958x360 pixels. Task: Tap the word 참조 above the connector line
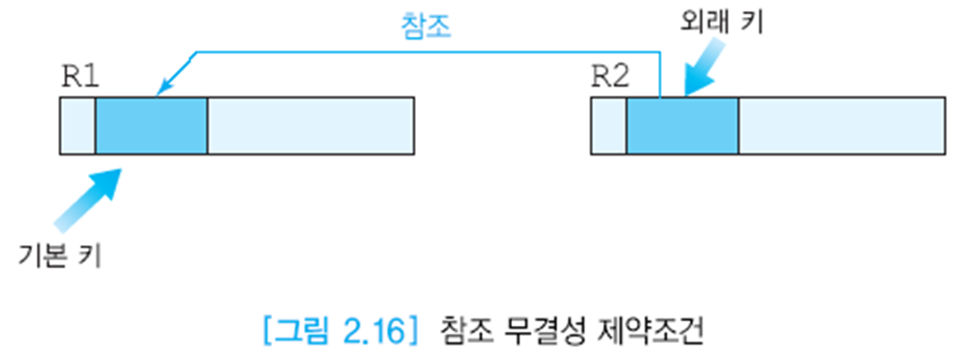(425, 27)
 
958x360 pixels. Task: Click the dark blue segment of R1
(151, 125)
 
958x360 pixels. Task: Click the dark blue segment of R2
(681, 125)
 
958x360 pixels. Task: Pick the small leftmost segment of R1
(77, 125)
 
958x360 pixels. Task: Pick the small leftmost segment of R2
(608, 125)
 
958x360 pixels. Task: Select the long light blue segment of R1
(311, 125)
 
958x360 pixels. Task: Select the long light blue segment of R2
(841, 125)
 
